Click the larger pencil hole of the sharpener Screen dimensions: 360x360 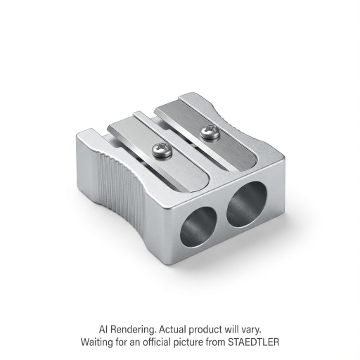coord(247,205)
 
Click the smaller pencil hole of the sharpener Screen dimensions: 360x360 coord(198,227)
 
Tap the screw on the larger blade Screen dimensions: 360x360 coord(210,133)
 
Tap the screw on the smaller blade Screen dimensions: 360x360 coord(162,150)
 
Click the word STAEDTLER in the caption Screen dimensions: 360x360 coord(254,342)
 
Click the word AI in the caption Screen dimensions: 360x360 coord(103,329)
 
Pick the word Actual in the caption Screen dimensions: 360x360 coord(172,329)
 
